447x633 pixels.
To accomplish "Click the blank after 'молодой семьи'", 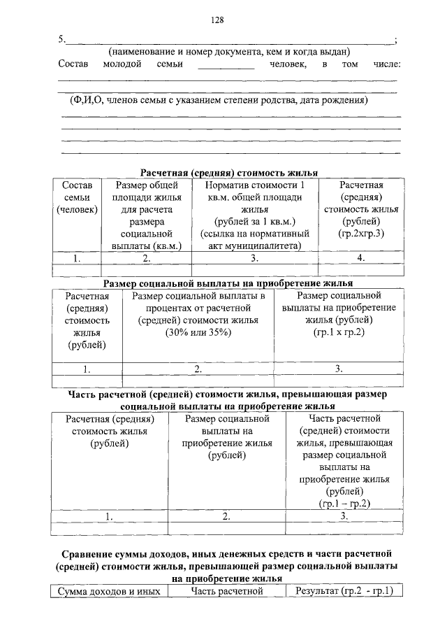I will click(226, 68).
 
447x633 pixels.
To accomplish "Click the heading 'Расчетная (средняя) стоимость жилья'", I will click(228, 172).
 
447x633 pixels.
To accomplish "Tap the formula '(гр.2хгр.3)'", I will click(360, 232).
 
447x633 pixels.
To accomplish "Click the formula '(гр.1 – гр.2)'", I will click(344, 502).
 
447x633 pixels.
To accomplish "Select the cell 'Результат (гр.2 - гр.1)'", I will click(344, 592).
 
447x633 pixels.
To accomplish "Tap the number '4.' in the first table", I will click(360, 258).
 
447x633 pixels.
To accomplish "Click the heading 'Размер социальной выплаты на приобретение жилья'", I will click(228, 284).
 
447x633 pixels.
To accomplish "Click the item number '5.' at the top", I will click(62, 38).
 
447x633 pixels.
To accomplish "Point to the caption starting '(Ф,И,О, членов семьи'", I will click(219, 101).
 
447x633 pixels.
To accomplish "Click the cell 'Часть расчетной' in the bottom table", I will click(226, 592).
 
